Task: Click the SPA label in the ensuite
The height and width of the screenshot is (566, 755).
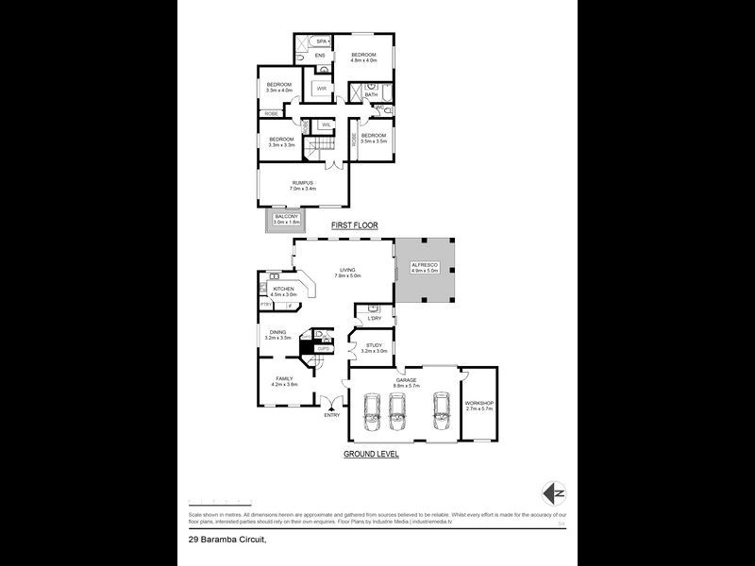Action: tap(321, 42)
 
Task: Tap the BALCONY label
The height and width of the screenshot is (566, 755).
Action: tap(286, 217)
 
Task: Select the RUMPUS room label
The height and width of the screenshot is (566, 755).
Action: tap(302, 183)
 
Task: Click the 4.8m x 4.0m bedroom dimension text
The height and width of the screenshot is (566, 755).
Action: tap(363, 61)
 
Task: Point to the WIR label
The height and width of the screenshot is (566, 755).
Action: tap(321, 89)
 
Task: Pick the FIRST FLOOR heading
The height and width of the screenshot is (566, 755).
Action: tap(354, 226)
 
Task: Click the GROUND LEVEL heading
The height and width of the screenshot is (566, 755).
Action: tap(371, 454)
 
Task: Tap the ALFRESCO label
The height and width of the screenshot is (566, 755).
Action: tap(425, 267)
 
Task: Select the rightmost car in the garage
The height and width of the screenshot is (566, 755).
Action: tap(441, 411)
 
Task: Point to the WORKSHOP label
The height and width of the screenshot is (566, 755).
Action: tap(479, 403)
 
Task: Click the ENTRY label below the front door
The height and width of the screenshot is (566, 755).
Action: tap(331, 414)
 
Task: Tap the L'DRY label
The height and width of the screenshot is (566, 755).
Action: tap(374, 318)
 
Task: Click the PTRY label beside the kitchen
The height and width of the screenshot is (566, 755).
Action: tap(266, 305)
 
